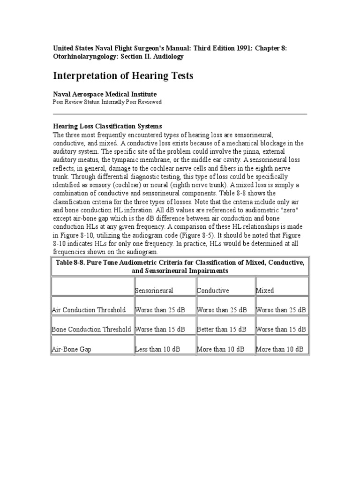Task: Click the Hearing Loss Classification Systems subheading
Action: coord(107,127)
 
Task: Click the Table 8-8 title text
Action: coord(180,266)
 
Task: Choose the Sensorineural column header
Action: coord(154,291)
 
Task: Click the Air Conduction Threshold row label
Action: coord(89,310)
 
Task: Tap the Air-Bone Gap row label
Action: coord(69,349)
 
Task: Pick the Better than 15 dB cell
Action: coord(222,330)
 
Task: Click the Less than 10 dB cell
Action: coord(158,349)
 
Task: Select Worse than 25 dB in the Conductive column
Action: coord(222,310)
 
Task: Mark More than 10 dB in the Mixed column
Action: coord(281,349)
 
